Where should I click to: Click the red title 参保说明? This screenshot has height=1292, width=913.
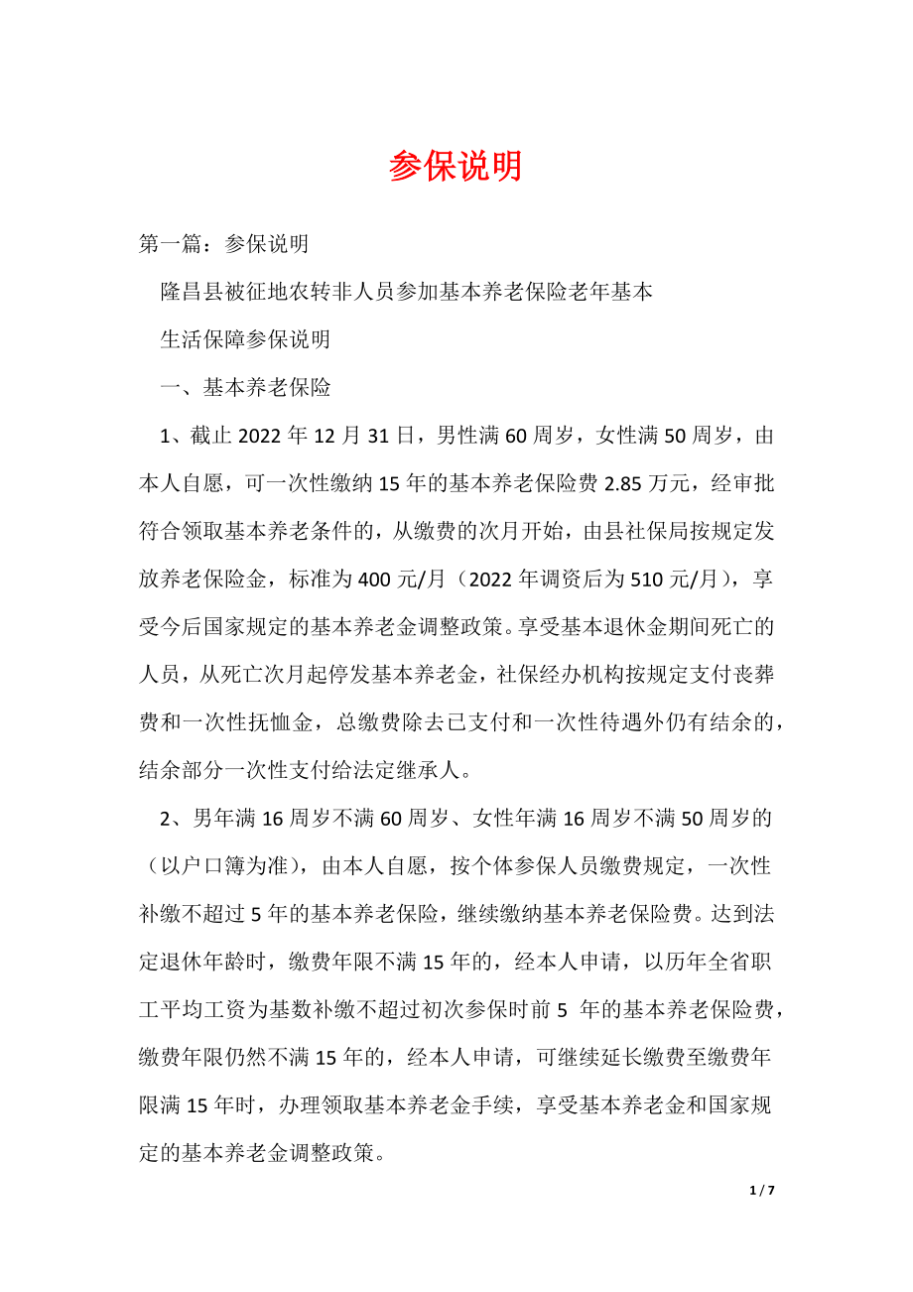[456, 167]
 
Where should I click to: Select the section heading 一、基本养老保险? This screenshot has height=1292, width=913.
[245, 388]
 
